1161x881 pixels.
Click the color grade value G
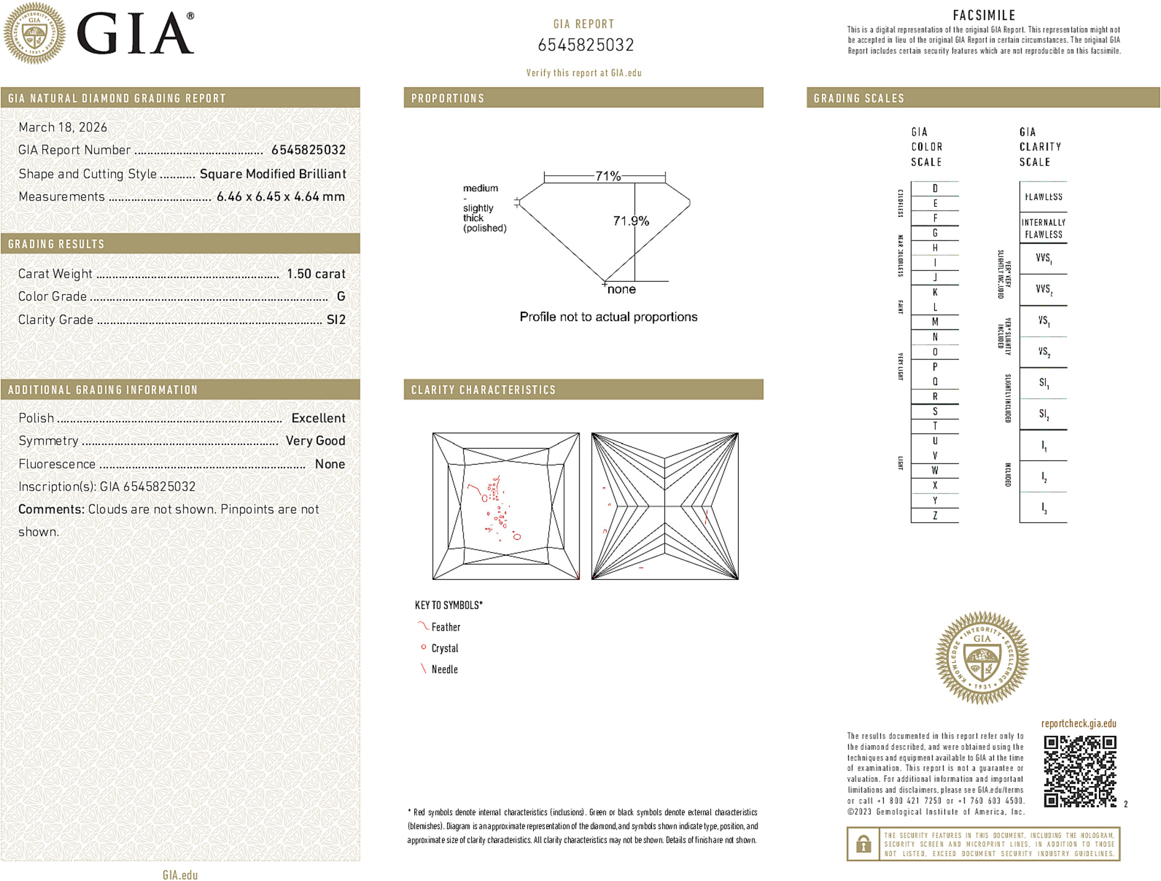340,297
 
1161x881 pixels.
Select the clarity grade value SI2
335,320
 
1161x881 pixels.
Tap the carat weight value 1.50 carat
316,274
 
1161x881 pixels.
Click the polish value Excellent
318,418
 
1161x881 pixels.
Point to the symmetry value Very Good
315,441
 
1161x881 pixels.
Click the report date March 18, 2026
63,128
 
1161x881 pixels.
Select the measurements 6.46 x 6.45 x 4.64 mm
280,197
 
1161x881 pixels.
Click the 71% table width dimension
607,176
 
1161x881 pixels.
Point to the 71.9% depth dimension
630,221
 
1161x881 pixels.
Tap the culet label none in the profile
621,289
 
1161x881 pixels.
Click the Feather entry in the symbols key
446,628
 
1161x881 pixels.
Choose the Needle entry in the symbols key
444,670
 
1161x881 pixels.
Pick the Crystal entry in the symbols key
444,649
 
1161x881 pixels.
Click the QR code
1079,771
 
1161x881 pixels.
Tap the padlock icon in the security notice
863,844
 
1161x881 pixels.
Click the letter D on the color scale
935,188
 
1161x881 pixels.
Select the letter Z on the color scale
935,515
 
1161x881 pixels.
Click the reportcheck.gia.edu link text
1078,724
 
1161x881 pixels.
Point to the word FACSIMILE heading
984,15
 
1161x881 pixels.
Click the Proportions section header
448,99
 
